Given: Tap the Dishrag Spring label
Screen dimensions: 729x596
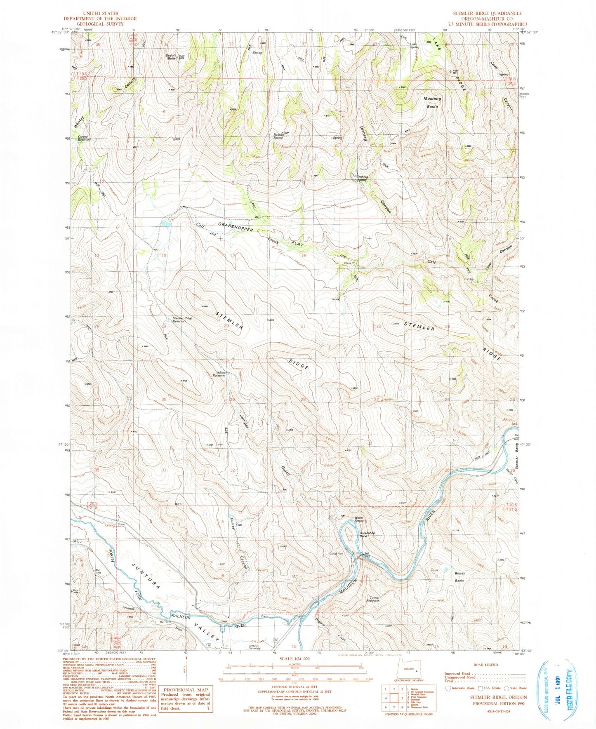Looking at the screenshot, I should (x=362, y=179).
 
